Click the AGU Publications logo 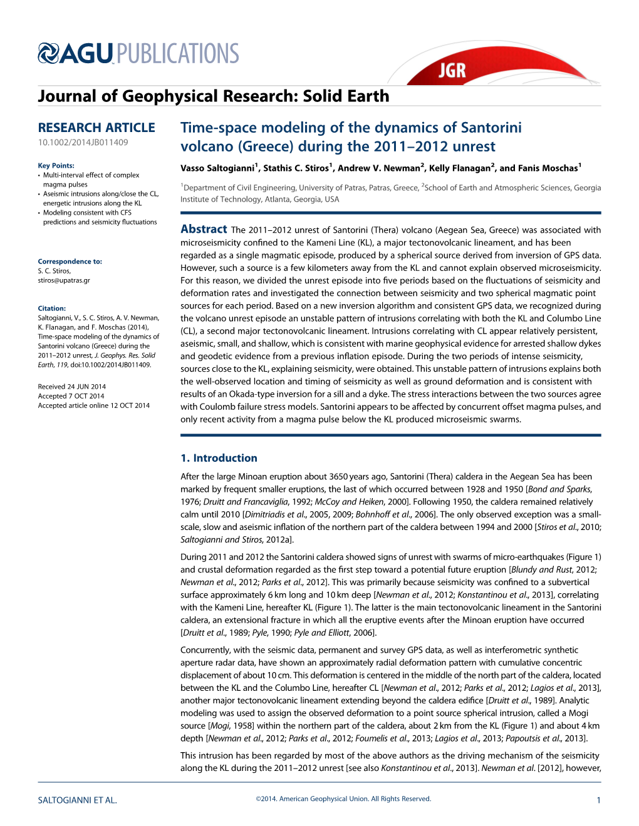point(138,54)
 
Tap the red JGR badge point(452,69)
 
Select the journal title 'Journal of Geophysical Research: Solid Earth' point(213,96)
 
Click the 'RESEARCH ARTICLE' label point(96,128)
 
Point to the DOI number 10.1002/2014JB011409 point(83,143)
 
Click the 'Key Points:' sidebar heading point(56,166)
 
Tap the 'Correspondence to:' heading point(70,262)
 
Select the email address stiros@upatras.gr point(64,280)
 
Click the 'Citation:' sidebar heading point(51,308)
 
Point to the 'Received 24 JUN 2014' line point(71,387)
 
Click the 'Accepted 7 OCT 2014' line point(71,396)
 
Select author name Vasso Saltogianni point(217,168)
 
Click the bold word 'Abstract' point(204,230)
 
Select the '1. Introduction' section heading point(219,458)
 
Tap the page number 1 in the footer point(598,800)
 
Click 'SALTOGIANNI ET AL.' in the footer point(77,800)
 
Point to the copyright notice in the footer point(343,798)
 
